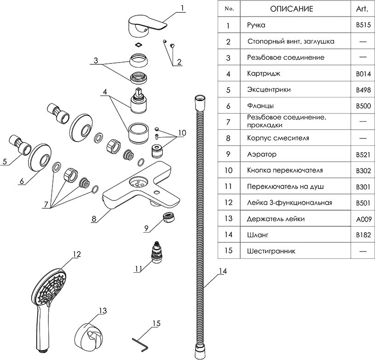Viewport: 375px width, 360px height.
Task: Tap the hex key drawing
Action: [x=138, y=342]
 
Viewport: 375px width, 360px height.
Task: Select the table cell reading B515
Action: [x=363, y=25]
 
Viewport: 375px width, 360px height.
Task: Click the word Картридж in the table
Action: [x=263, y=74]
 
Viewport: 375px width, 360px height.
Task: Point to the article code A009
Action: [x=363, y=219]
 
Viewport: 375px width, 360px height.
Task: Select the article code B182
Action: [x=363, y=235]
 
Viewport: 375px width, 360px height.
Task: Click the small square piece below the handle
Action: [x=137, y=45]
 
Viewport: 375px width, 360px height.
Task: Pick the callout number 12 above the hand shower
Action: [x=76, y=254]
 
